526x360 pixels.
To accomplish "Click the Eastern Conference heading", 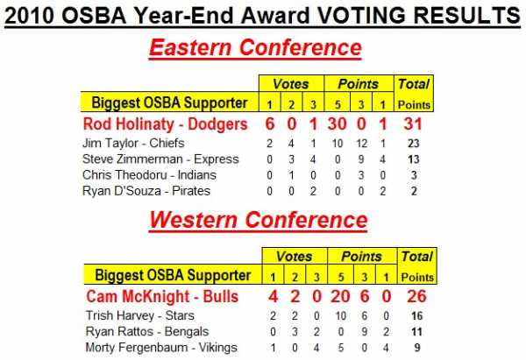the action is (255, 47).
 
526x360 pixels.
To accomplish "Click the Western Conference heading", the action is (259, 220).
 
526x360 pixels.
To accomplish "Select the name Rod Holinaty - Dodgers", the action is (166, 124).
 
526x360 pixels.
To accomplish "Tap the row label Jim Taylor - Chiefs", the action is (133, 143).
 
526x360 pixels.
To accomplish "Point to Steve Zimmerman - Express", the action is (160, 159).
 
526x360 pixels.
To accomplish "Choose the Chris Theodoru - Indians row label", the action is (149, 175).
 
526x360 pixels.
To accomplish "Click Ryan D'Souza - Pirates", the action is (146, 191).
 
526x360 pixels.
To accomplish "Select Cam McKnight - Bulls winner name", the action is (162, 296).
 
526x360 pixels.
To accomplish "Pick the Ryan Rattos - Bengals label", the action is (147, 331).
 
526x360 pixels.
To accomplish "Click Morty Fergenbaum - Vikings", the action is (161, 348).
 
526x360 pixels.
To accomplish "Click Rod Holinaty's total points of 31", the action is (413, 124).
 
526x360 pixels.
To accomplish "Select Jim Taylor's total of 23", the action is (414, 144).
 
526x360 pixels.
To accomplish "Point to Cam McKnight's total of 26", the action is (416, 296).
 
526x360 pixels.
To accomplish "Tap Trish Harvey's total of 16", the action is (417, 315).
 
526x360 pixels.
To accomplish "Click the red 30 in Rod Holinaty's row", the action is (338, 124).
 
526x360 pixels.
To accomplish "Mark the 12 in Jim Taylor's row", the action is (361, 144).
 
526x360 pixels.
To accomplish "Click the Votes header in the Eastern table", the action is (291, 84).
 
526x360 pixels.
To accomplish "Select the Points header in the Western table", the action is (361, 257).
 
